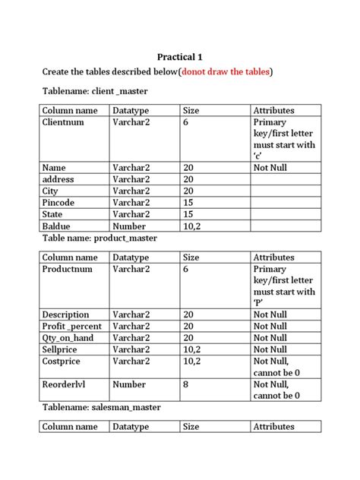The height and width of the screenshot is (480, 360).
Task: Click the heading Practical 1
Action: [x=180, y=57]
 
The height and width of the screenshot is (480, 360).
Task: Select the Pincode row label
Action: [x=60, y=203]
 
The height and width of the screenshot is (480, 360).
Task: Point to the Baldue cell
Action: [x=58, y=226]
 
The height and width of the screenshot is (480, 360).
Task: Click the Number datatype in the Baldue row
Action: [x=129, y=226]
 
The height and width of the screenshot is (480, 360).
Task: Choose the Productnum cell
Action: [x=68, y=270]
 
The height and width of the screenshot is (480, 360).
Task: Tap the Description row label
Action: [x=66, y=315]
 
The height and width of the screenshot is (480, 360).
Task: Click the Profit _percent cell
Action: [x=72, y=327]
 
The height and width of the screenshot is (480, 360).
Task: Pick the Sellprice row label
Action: [x=62, y=349]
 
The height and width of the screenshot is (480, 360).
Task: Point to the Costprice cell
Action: [x=62, y=362]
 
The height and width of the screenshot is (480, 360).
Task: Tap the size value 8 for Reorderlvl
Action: [x=187, y=384]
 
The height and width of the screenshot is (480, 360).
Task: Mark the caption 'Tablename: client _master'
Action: [x=95, y=92]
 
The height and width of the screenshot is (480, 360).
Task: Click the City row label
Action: [x=50, y=191]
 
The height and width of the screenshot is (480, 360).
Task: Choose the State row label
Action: [x=54, y=215]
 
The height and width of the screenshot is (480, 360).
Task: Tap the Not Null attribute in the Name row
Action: [x=270, y=168]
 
